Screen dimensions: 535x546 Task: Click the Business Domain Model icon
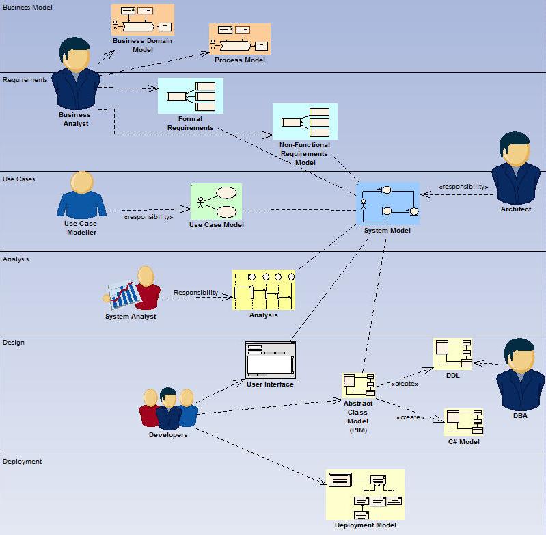click(x=143, y=19)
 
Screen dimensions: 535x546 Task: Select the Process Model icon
click(x=239, y=39)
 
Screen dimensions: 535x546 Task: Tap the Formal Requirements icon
click(x=190, y=96)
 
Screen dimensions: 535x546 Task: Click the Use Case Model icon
click(x=216, y=201)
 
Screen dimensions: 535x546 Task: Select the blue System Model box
click(x=387, y=203)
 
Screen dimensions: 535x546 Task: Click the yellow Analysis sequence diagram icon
click(x=264, y=289)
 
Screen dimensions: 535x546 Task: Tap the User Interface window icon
click(x=271, y=359)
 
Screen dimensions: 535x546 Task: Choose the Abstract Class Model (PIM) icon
click(x=358, y=384)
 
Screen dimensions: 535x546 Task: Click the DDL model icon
click(x=452, y=354)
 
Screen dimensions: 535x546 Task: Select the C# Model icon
click(x=463, y=422)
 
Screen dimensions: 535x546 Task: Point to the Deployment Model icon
click(x=365, y=495)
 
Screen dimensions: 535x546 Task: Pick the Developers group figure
click(x=169, y=408)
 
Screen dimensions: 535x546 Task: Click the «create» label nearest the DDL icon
click(x=405, y=384)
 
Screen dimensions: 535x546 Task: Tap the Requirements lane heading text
click(x=25, y=79)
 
